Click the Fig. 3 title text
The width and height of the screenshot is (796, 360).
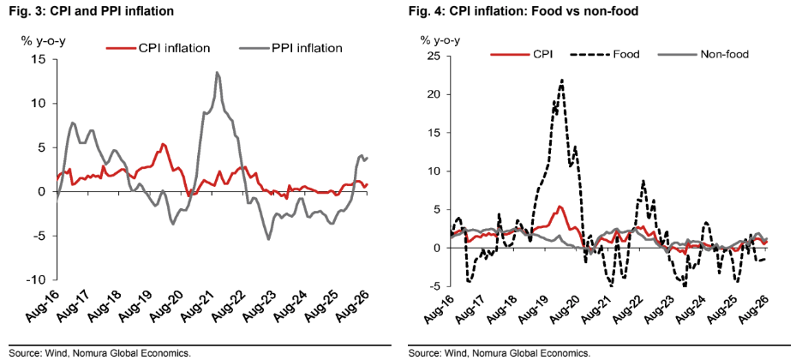pyautogui.click(x=87, y=11)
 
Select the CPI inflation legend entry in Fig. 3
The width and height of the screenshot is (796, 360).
pyautogui.click(x=158, y=48)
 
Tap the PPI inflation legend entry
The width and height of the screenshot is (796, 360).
pyautogui.click(x=290, y=48)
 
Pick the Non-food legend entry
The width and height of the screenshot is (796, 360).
pyautogui.click(x=703, y=54)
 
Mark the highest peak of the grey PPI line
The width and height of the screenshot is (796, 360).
pyautogui.click(x=218, y=72)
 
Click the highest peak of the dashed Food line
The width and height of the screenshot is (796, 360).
pyautogui.click(x=562, y=80)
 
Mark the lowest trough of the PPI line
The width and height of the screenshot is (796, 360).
pyautogui.click(x=268, y=239)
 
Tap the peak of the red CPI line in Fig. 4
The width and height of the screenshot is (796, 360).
pyautogui.click(x=560, y=207)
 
